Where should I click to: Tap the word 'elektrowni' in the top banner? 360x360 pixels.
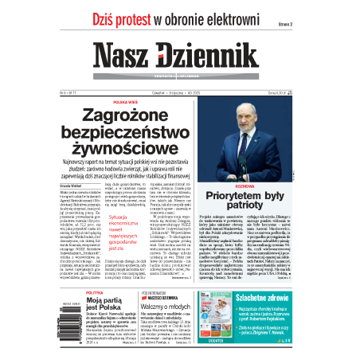(x=252, y=19)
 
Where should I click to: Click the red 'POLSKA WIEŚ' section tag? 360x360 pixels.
(x=125, y=102)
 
